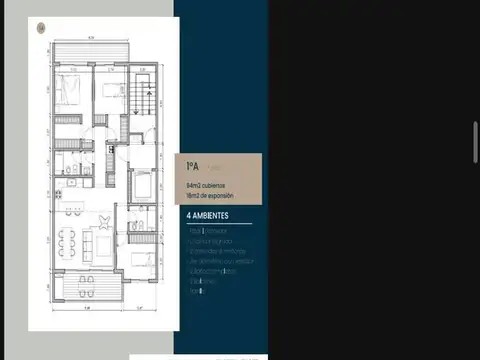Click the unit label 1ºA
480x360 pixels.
click(192, 167)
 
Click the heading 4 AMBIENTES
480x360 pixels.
click(208, 215)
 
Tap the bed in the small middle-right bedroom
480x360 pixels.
click(143, 183)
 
